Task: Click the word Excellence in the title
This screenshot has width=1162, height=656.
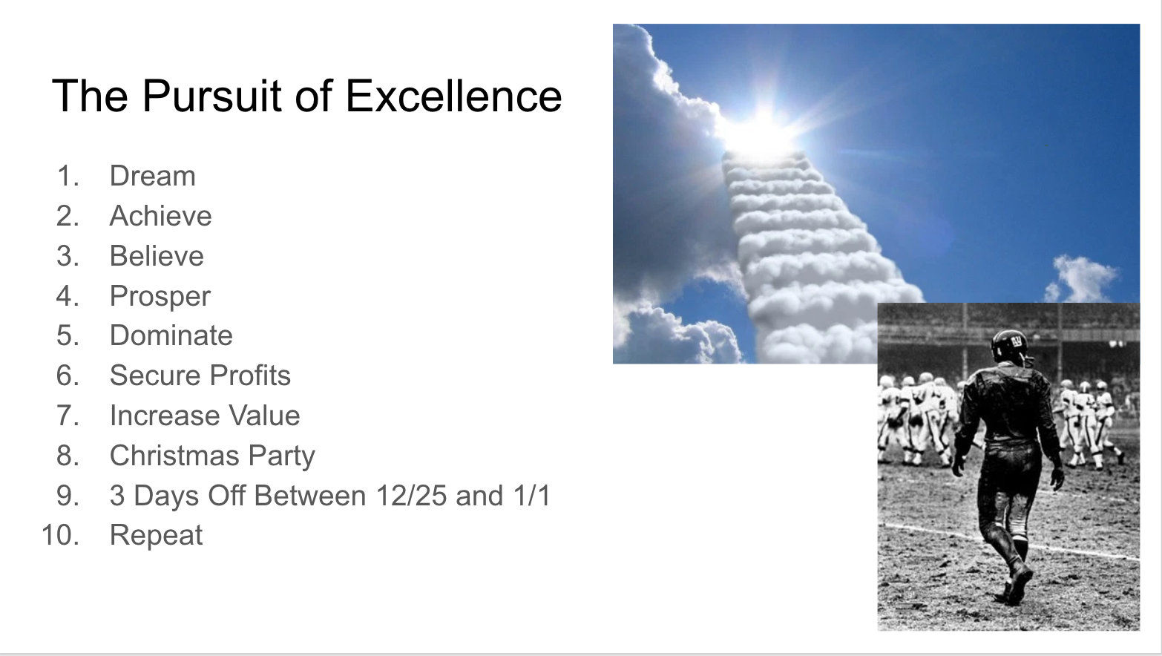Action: point(453,96)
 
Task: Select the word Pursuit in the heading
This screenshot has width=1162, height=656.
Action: point(211,96)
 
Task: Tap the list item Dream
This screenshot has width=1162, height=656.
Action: point(153,176)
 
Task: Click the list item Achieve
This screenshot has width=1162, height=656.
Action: point(160,216)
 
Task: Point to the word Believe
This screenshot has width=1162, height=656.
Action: point(157,256)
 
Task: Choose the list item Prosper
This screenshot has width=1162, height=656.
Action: point(160,297)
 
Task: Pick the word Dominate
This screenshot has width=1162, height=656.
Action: point(171,335)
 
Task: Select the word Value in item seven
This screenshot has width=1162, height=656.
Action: point(265,416)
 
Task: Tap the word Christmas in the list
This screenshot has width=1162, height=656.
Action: point(175,456)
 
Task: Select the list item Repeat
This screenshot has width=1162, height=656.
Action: point(156,536)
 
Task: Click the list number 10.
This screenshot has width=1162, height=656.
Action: point(60,536)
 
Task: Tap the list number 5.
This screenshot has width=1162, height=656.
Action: point(68,335)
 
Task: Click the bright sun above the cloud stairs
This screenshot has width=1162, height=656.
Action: point(763,130)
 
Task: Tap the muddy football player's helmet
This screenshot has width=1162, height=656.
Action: point(1009,346)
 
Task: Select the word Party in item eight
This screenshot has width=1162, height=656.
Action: point(282,456)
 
